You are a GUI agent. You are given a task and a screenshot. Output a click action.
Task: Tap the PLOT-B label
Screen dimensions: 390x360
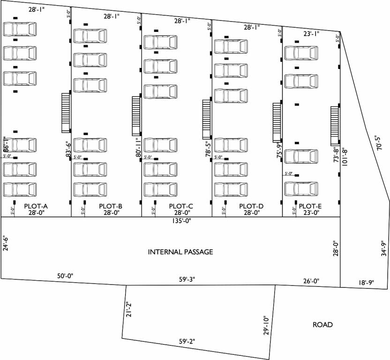(111, 206)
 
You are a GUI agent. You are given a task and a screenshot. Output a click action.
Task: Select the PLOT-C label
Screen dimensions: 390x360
(181, 206)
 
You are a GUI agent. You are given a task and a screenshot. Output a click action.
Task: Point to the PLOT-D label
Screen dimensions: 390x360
(251, 206)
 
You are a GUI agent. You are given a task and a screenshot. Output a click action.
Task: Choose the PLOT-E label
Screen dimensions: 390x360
(310, 206)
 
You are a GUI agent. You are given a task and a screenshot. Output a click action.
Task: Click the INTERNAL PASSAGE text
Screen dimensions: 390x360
(180, 252)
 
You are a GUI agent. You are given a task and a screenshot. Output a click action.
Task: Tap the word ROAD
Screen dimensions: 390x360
(322, 324)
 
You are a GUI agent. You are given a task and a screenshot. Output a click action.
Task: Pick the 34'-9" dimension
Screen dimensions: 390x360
(383, 249)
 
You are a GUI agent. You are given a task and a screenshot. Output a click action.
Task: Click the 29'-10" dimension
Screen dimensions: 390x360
(265, 325)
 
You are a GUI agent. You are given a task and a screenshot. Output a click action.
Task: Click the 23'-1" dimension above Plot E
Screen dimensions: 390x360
(311, 33)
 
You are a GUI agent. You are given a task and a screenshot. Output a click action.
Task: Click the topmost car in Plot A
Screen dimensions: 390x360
(20, 29)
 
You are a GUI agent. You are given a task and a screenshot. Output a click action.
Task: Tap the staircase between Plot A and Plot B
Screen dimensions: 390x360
(66, 112)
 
